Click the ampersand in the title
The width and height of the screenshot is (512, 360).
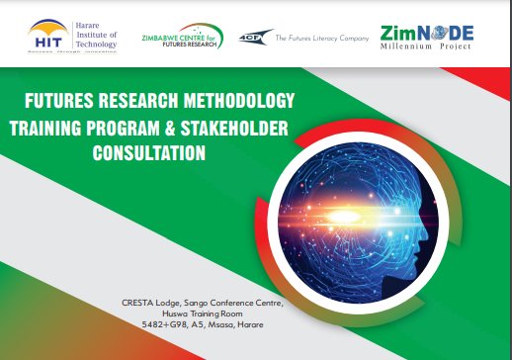point(164,129)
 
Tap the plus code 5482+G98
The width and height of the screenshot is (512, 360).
point(165,324)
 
